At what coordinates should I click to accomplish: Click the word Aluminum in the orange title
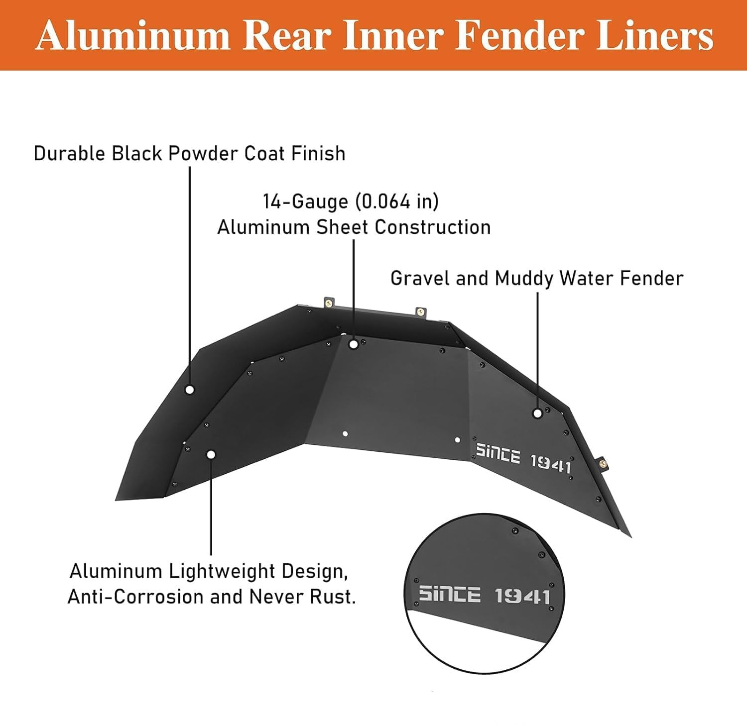pos(132,36)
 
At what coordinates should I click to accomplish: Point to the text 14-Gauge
pos(305,202)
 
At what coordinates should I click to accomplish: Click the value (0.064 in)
pos(397,202)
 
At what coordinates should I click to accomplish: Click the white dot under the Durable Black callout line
pos(189,390)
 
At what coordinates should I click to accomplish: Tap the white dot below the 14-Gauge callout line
pos(353,344)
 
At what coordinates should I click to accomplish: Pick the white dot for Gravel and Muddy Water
pos(537,413)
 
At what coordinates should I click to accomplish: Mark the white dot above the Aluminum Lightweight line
pos(211,454)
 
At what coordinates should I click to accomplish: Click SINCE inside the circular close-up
pos(449,594)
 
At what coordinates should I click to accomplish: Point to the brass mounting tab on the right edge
pos(603,462)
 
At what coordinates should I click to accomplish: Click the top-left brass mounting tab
pos(329,303)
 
